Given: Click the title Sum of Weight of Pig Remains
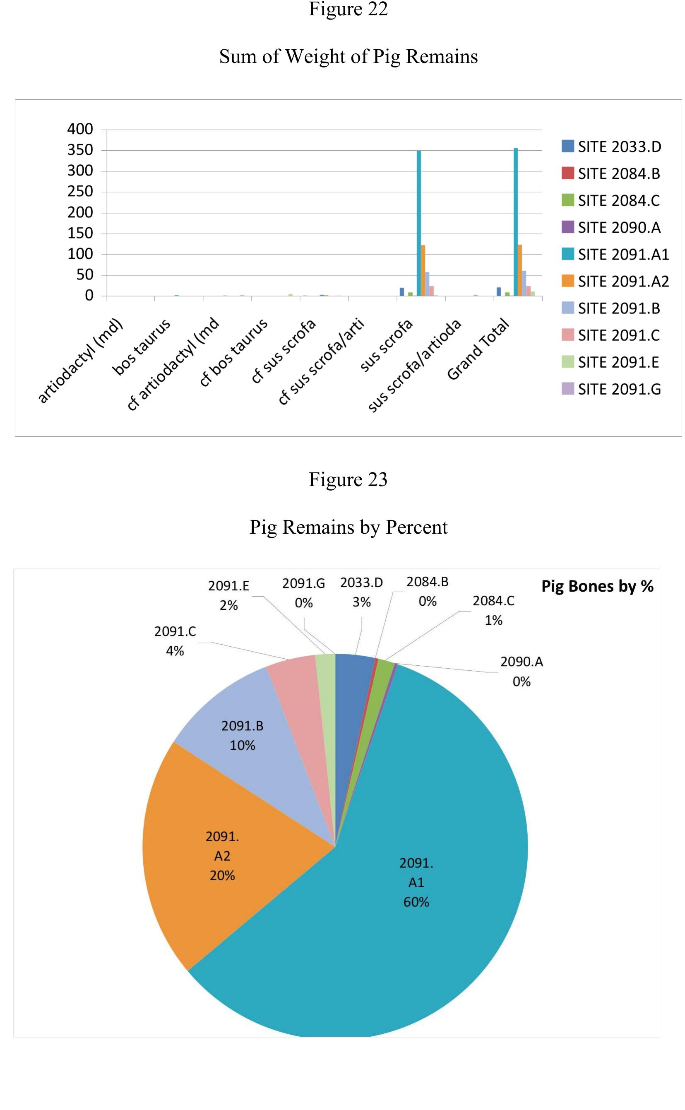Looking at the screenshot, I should [x=348, y=57].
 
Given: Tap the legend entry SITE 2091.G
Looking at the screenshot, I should [x=611, y=389].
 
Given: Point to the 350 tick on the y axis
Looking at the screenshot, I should [x=80, y=150].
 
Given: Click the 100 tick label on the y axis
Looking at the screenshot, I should [x=80, y=254].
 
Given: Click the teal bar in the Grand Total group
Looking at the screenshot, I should [x=516, y=222].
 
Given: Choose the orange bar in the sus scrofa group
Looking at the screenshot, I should [x=423, y=270].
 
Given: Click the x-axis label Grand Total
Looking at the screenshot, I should [x=478, y=349].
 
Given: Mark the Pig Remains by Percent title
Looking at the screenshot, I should [x=348, y=527].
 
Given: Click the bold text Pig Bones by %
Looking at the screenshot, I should [x=597, y=586].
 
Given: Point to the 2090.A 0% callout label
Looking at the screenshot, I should [x=522, y=672].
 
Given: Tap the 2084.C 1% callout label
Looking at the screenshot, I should [x=493, y=610].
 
